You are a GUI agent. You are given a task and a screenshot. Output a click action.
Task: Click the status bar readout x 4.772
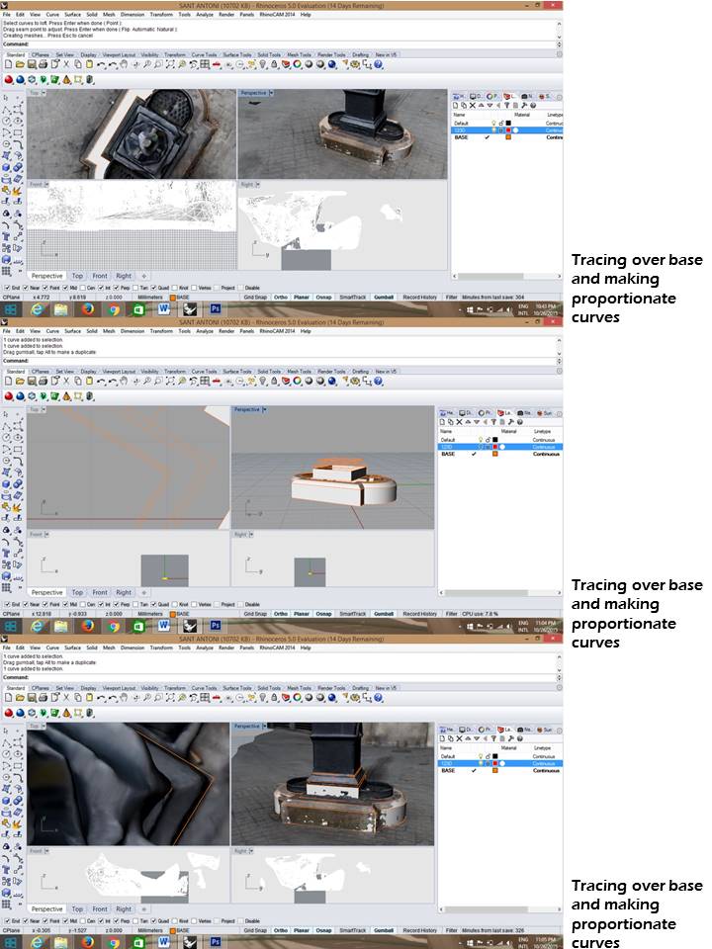click(43, 297)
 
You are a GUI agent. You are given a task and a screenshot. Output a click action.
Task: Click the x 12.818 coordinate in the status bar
click(44, 614)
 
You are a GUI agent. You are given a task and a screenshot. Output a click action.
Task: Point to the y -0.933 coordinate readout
click(76, 614)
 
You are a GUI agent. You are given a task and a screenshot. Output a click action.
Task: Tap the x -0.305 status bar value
click(44, 930)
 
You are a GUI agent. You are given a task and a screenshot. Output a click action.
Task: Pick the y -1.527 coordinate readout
click(76, 930)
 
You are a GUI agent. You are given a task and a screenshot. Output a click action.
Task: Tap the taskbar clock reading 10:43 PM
click(547, 306)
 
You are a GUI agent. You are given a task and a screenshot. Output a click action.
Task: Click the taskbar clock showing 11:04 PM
click(547, 623)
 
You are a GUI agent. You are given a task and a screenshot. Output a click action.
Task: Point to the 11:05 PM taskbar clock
click(547, 939)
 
